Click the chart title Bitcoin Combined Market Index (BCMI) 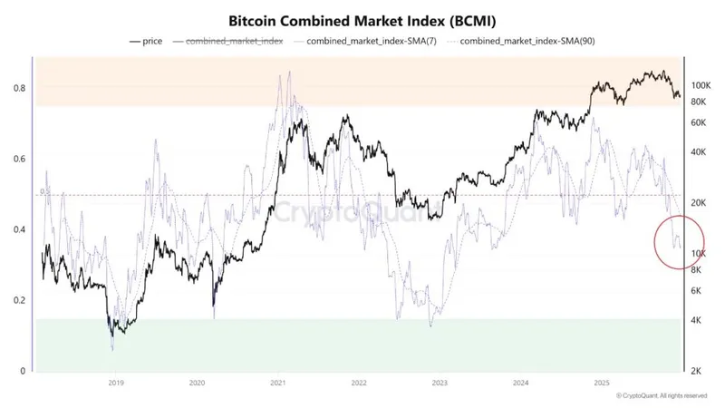coord(362,18)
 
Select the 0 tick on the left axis coord(22,371)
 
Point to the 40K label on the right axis coord(699,152)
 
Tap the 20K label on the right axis coord(699,203)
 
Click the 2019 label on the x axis coord(116,384)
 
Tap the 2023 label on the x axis coord(439,384)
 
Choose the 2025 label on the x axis coord(600,384)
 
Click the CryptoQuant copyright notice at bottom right coord(662,396)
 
